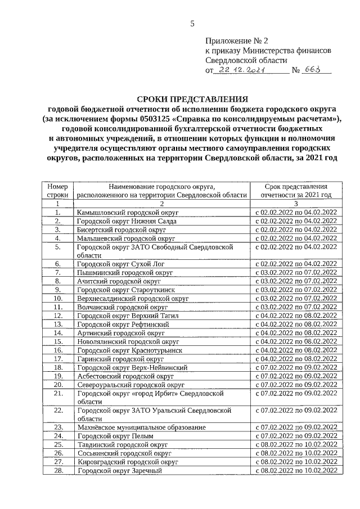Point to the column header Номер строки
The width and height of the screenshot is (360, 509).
57,191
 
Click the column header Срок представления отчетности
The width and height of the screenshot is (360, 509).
296,191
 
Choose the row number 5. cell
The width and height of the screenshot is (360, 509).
57,246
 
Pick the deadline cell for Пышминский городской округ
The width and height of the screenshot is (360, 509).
296,272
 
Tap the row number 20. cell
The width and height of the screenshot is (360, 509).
57,384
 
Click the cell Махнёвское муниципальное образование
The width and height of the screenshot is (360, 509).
141,427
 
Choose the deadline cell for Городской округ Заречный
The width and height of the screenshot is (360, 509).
296,470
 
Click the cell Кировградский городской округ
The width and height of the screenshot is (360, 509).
128,461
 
